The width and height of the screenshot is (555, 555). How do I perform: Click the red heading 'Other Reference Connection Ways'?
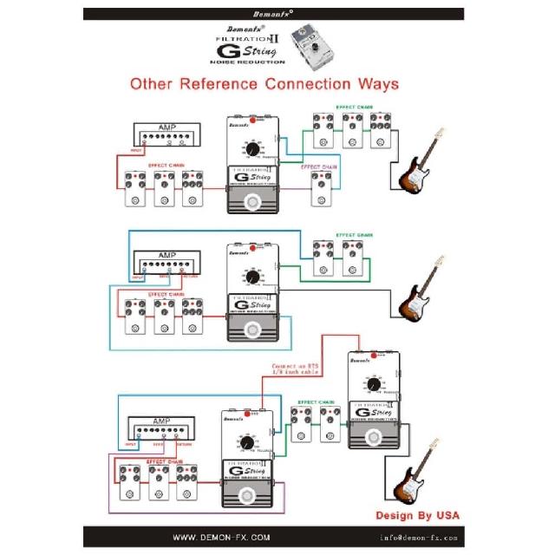click(264, 84)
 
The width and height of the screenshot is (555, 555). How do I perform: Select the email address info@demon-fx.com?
click(418, 538)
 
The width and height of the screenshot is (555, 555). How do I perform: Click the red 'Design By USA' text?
click(418, 514)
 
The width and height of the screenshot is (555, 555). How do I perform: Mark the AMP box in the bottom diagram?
click(161, 428)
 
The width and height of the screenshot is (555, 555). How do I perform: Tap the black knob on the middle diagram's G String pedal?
click(252, 277)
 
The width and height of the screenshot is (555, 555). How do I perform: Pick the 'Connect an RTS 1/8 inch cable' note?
click(297, 369)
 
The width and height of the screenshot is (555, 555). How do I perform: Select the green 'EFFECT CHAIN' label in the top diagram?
click(354, 108)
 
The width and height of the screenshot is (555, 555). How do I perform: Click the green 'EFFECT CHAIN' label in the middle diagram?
click(354, 234)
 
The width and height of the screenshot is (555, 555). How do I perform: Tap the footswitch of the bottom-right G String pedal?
click(375, 438)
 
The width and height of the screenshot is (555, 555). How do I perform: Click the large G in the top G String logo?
click(225, 51)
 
